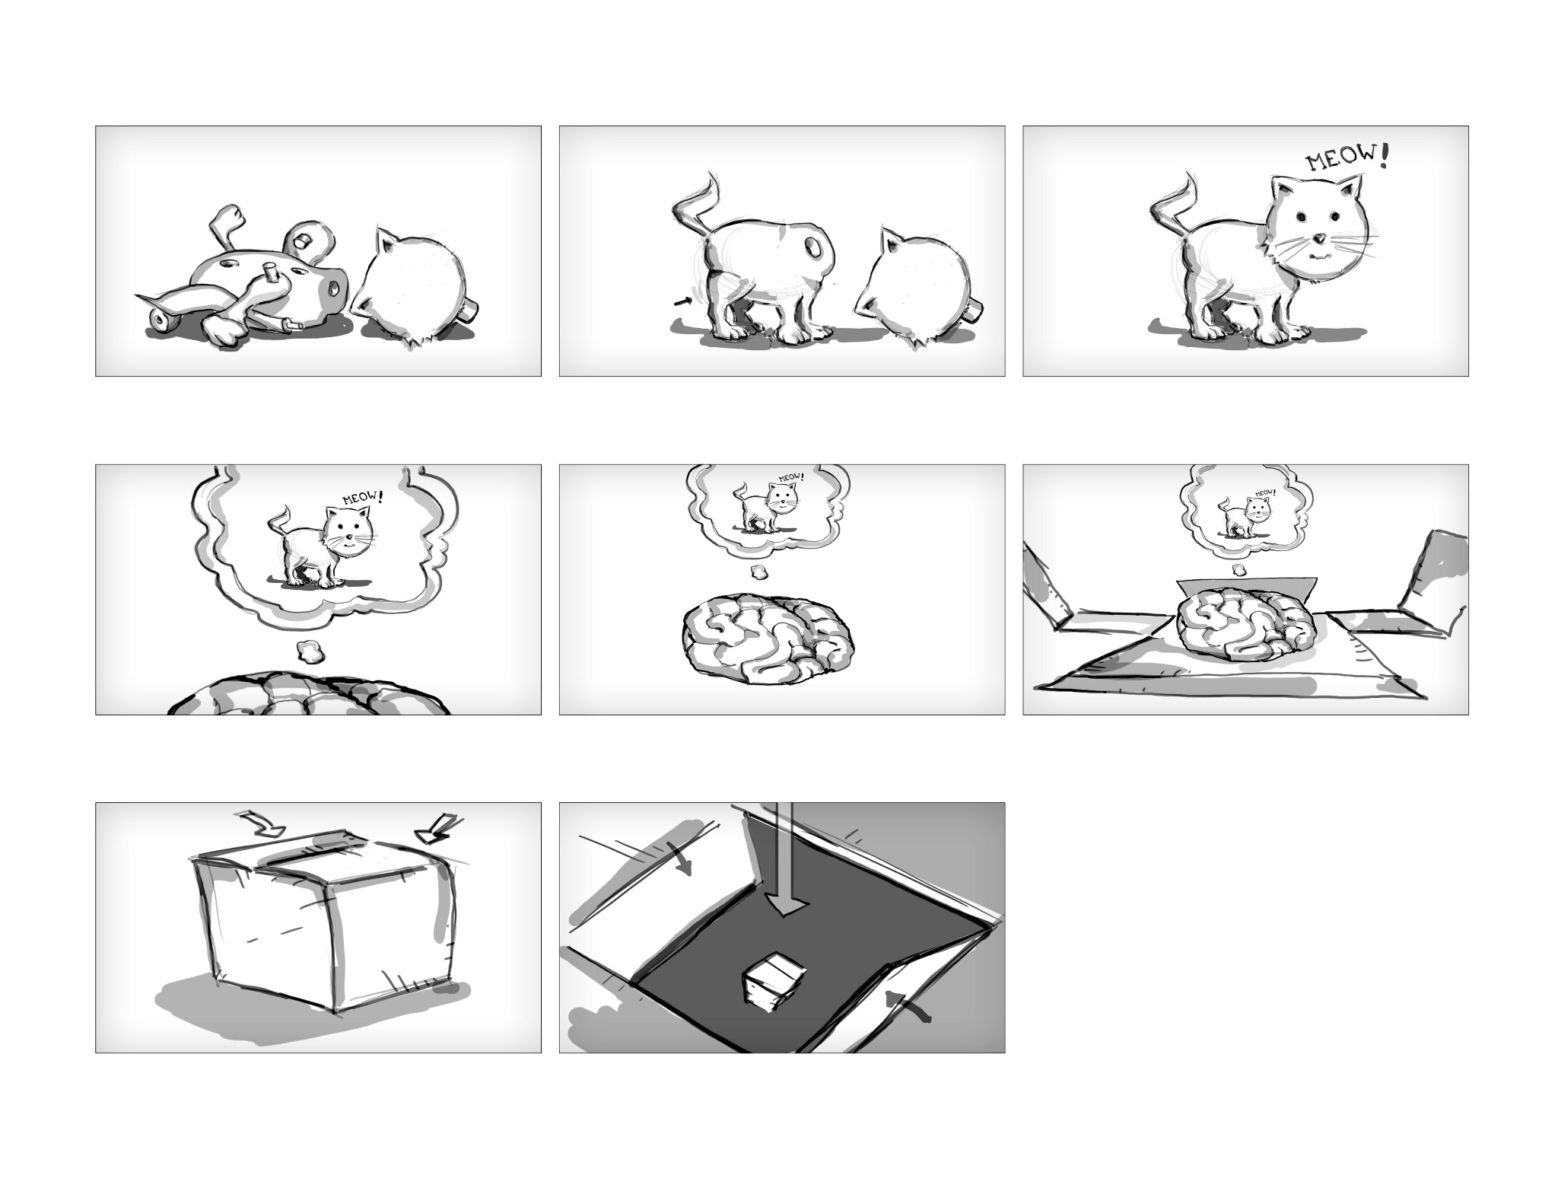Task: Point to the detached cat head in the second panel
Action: [917, 288]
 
